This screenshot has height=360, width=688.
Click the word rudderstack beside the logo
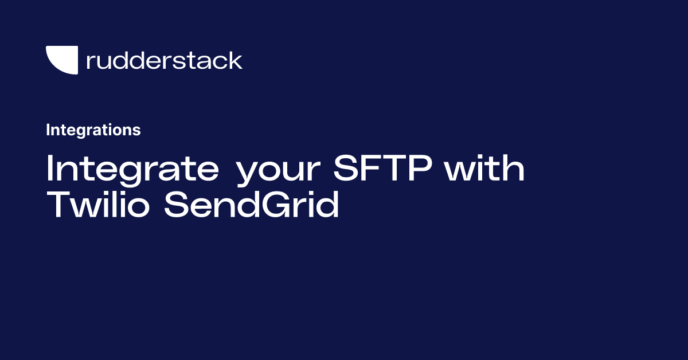(165, 60)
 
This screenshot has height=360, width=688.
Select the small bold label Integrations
(93, 130)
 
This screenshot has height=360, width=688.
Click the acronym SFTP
(383, 168)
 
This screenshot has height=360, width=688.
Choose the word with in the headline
(484, 168)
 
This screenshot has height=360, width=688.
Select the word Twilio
(97, 204)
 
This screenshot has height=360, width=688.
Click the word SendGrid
(251, 204)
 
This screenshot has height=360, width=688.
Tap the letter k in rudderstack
(234, 60)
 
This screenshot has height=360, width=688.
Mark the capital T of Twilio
(59, 204)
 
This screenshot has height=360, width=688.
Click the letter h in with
(514, 168)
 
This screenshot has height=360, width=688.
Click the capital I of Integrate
(49, 168)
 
